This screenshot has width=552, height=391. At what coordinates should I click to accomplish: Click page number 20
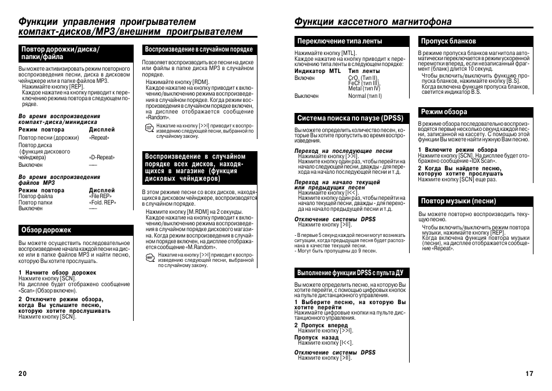coord(23,374)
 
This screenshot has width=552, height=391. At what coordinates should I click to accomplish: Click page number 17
coord(529,374)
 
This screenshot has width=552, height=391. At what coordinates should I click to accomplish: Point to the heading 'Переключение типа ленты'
coord(340,41)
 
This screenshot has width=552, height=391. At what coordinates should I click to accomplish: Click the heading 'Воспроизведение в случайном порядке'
coord(198,50)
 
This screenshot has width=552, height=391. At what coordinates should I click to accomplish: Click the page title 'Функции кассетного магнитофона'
coord(373,22)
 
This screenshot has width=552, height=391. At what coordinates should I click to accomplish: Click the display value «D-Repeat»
coord(102,158)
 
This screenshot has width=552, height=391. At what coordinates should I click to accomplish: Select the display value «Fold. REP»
coord(102,203)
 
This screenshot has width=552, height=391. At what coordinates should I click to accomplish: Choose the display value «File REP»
coord(100,196)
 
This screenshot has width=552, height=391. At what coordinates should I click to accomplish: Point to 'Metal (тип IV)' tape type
coord(364,89)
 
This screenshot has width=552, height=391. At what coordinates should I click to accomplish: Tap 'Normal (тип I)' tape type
coord(365,96)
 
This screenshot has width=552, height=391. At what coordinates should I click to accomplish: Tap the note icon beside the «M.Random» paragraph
coord(150,258)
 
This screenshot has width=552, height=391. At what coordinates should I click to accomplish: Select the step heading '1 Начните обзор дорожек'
coord(57,272)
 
